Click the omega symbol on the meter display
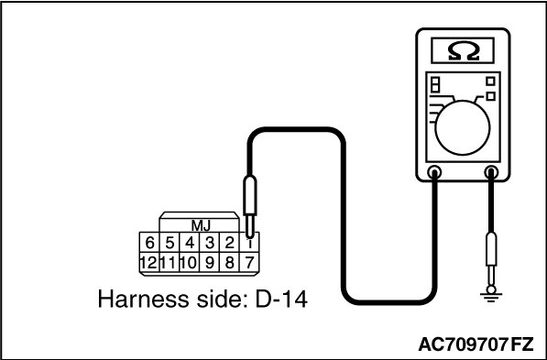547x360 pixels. [463, 52]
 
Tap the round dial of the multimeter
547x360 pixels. [463, 128]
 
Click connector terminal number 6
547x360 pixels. [149, 243]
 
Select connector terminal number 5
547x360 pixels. [170, 243]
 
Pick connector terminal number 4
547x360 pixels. [190, 243]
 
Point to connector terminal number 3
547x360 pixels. [209, 243]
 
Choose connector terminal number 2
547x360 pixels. [229, 243]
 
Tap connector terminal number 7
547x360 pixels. [249, 262]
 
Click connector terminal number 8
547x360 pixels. [229, 262]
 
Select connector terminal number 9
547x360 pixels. [209, 262]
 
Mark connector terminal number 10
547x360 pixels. [190, 262]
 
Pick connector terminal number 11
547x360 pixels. [170, 262]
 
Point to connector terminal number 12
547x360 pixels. [149, 262]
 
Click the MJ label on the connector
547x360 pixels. [201, 226]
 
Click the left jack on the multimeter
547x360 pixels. [434, 172]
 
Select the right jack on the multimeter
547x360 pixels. [491, 172]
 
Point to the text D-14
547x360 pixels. [281, 300]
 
